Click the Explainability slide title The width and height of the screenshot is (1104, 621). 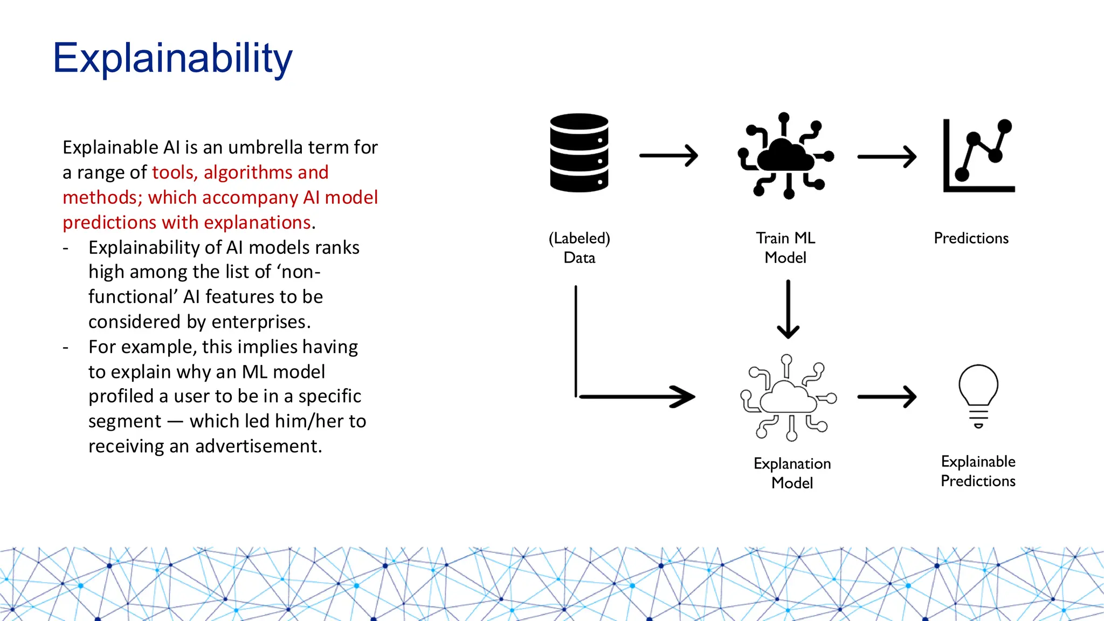click(x=172, y=58)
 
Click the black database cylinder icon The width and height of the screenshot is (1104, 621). click(x=579, y=153)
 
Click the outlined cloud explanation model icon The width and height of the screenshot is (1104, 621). click(x=789, y=398)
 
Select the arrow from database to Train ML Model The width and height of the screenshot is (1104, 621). click(x=668, y=156)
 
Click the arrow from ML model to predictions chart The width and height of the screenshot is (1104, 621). click(x=887, y=157)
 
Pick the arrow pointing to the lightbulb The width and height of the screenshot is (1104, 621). click(x=887, y=397)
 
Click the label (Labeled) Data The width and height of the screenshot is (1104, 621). click(x=579, y=247)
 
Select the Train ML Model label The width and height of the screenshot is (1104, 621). click(x=785, y=247)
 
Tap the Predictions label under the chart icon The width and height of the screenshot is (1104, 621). click(x=971, y=238)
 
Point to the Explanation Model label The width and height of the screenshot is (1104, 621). click(x=792, y=473)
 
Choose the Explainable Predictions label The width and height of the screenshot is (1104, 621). click(x=978, y=471)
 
